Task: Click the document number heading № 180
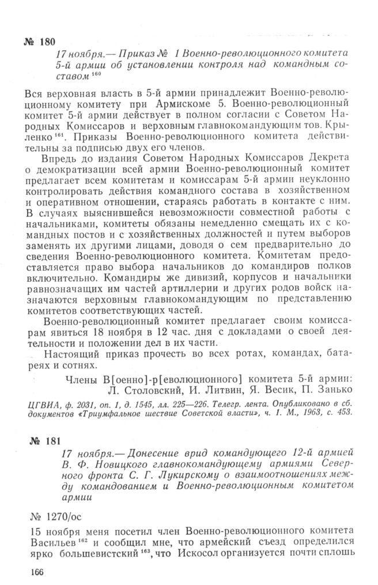tap(40, 42)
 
